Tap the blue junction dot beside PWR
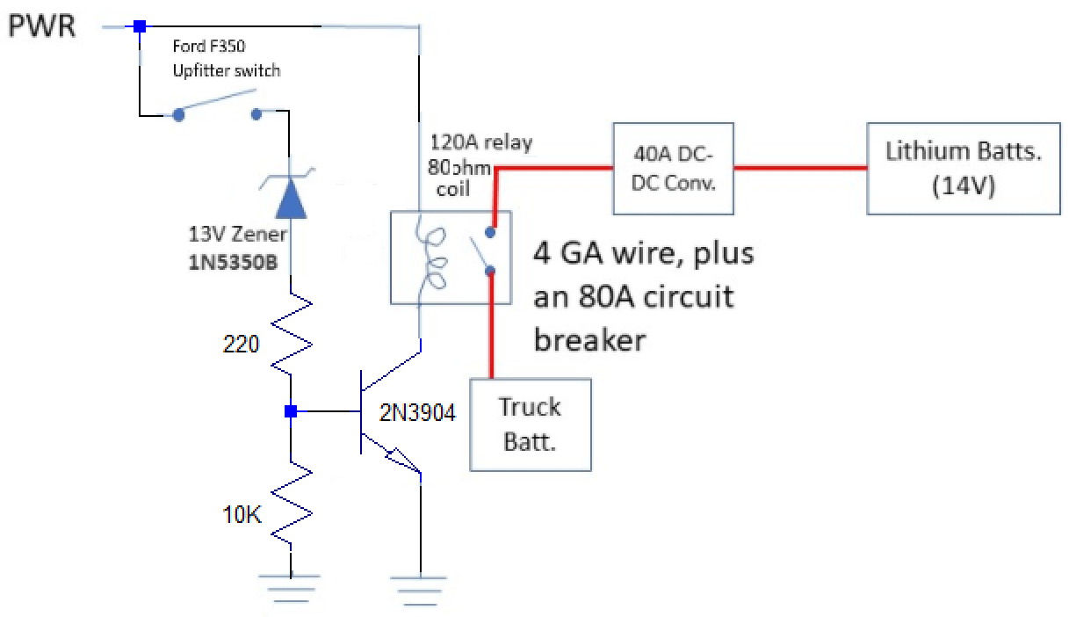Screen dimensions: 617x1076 (x=139, y=27)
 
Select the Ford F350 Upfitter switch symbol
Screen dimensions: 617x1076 (x=219, y=113)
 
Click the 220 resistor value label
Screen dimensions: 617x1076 (x=242, y=345)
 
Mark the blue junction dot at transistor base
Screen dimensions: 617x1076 (x=290, y=410)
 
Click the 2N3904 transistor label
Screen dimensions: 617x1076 (x=418, y=413)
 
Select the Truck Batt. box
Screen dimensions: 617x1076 (x=531, y=425)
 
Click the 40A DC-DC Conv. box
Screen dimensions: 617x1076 (x=673, y=168)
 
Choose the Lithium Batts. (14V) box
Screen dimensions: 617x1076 (x=963, y=168)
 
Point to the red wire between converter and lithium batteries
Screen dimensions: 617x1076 (x=800, y=168)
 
